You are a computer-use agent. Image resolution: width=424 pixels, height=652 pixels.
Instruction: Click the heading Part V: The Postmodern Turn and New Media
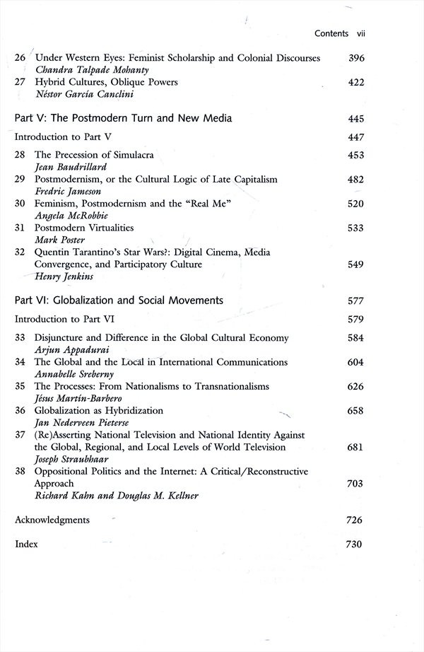click(124, 118)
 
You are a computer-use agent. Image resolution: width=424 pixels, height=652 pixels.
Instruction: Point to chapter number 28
click(20, 156)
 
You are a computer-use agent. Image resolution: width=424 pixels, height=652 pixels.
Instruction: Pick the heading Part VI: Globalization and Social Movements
click(119, 301)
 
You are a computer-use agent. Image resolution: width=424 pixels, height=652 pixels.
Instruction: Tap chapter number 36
click(20, 411)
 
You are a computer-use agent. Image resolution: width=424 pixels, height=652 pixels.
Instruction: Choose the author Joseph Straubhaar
click(71, 460)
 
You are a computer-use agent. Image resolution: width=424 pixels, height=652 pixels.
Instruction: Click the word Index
click(26, 545)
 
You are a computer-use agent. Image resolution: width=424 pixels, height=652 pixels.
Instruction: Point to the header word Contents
click(331, 33)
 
